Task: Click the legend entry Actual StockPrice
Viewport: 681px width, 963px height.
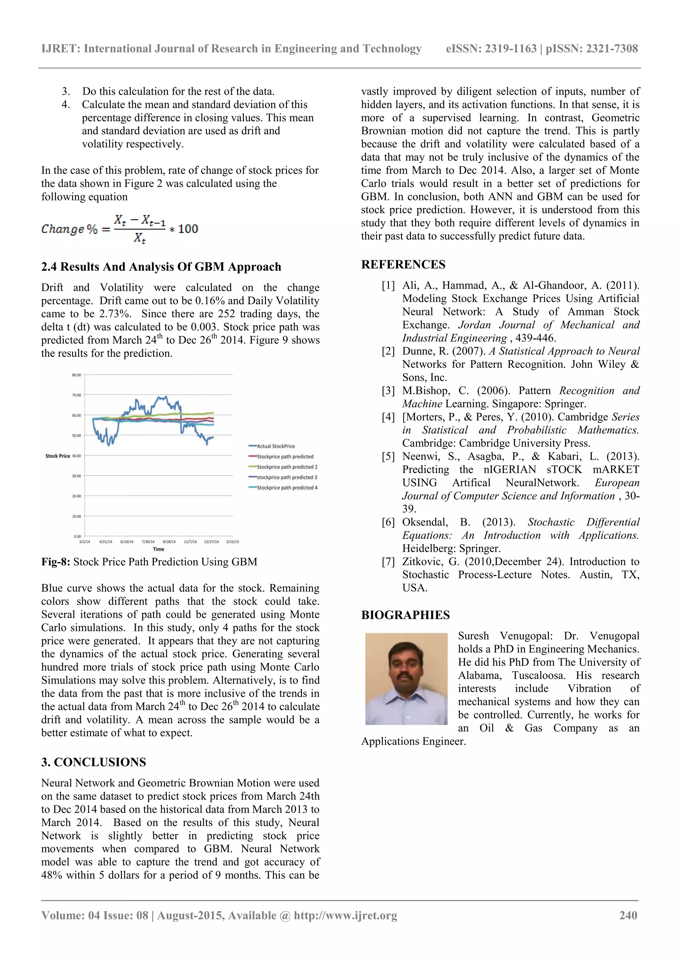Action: (x=276, y=446)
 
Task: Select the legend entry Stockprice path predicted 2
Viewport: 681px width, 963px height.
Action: (x=287, y=467)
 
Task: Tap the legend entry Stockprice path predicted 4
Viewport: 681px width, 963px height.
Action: (x=287, y=488)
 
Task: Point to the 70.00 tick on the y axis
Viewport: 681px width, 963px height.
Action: (x=76, y=395)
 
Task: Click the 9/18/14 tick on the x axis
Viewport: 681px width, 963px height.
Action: (x=169, y=542)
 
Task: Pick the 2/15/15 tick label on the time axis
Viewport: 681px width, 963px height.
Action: (x=232, y=542)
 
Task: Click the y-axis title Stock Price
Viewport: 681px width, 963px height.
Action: (x=58, y=456)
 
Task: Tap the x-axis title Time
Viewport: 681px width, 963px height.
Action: (x=159, y=549)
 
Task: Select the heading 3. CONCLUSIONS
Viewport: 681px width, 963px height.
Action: (x=93, y=762)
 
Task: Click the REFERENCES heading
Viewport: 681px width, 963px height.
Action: (x=403, y=265)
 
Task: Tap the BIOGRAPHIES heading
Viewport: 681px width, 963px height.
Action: (x=405, y=615)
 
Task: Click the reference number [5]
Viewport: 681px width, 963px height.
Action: (x=388, y=456)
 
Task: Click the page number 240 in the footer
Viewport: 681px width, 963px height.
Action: (x=628, y=915)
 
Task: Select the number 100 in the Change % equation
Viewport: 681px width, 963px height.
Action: (x=188, y=229)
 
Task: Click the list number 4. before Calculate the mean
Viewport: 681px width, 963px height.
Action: (x=66, y=104)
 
